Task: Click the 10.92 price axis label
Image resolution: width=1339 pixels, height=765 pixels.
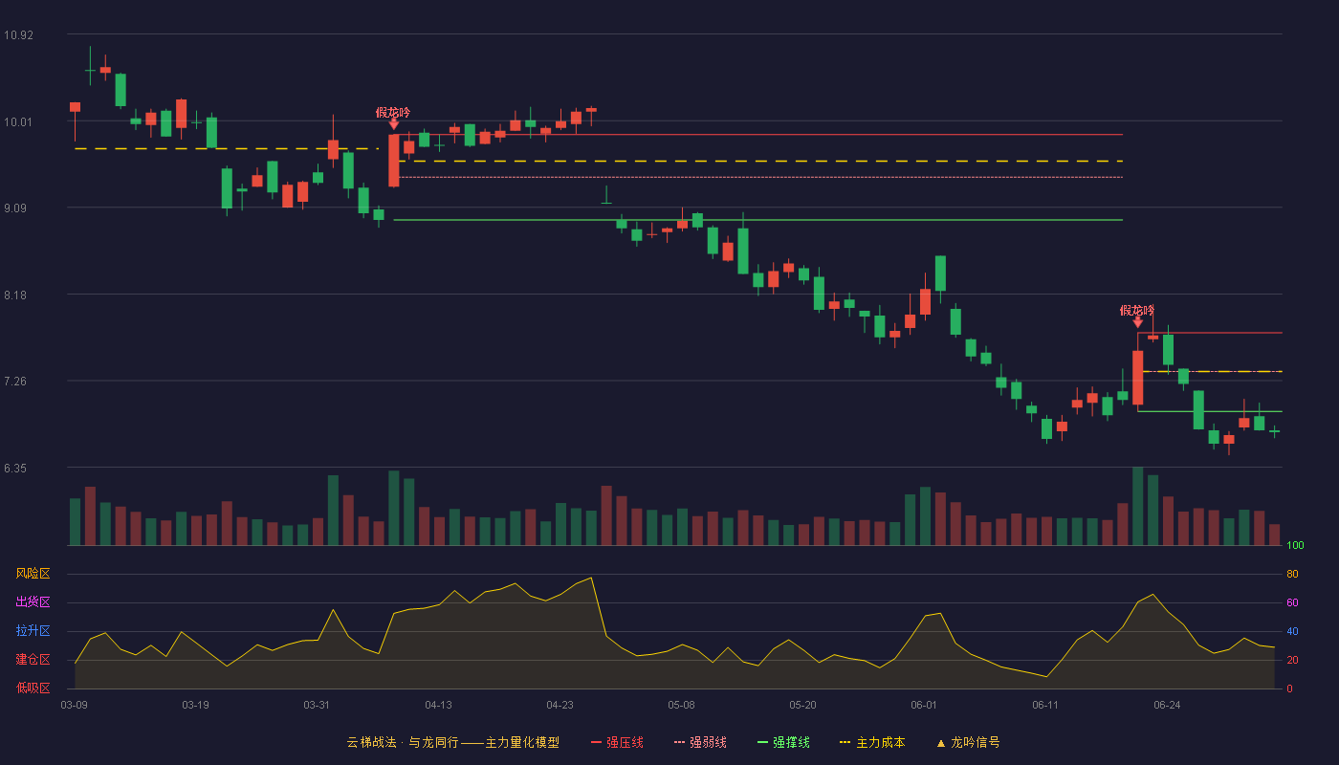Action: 18,34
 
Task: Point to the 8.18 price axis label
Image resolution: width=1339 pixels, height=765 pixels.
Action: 15,295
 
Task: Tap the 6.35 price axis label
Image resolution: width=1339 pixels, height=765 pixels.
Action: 15,469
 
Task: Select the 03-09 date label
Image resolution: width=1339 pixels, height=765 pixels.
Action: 75,706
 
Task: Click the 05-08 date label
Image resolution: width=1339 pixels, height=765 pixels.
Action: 681,706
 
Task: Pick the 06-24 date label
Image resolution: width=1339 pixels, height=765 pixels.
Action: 1167,706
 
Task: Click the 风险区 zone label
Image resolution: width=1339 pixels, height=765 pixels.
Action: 33,574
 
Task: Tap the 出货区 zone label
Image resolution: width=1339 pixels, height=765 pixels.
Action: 33,601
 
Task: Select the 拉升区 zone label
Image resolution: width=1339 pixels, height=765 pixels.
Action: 33,630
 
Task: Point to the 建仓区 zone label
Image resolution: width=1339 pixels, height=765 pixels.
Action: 33,659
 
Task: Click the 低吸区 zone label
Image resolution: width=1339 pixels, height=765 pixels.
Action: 33,688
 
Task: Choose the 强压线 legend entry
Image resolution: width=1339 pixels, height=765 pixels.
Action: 617,742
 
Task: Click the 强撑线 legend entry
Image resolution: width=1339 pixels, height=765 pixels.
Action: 783,742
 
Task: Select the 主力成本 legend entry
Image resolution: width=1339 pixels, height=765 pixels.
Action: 872,742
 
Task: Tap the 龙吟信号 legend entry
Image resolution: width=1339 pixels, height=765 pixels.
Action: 968,742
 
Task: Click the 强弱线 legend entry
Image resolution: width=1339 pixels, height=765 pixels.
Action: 700,742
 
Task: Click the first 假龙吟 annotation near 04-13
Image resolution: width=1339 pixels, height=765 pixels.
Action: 393,113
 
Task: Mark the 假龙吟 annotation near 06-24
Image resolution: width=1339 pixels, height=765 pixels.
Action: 1137,311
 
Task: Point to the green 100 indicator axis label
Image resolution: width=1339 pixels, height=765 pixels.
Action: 1295,545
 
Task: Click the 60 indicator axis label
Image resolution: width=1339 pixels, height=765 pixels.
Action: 1292,602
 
